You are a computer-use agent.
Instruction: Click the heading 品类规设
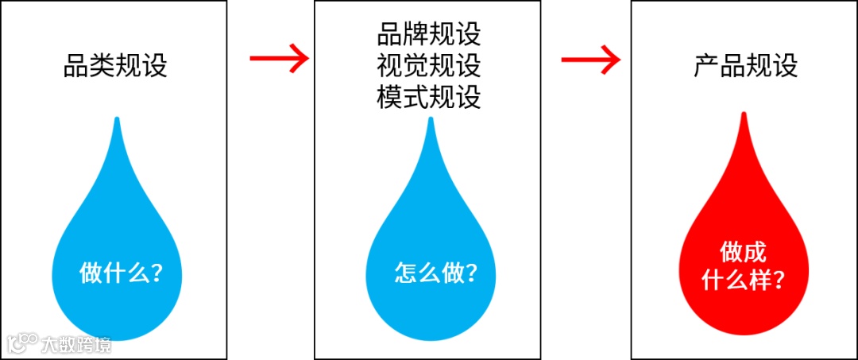click(x=115, y=66)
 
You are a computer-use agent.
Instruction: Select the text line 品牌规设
click(x=429, y=36)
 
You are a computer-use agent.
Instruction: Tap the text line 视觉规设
click(x=429, y=66)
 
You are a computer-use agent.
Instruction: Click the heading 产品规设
click(x=745, y=66)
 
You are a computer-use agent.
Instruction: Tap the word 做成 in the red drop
click(x=744, y=254)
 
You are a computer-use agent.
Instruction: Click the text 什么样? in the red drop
click(x=744, y=281)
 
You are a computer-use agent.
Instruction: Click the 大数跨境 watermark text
click(x=76, y=344)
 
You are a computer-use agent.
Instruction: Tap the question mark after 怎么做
click(x=471, y=273)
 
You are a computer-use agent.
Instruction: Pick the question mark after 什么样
click(x=779, y=281)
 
